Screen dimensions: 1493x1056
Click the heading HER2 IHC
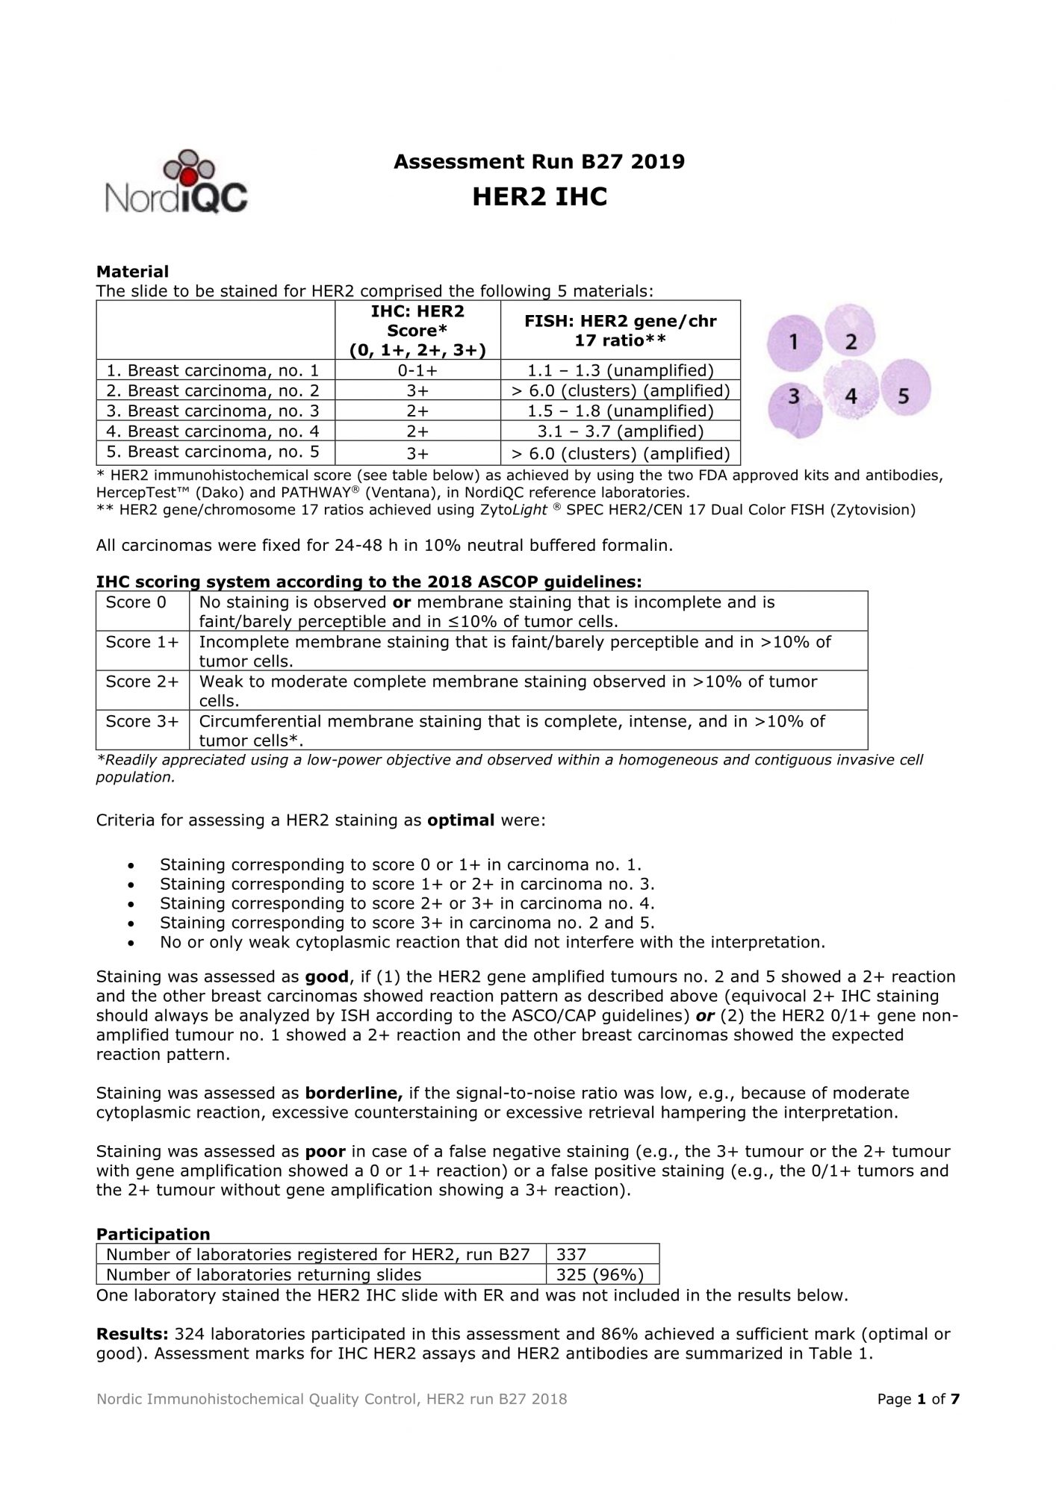tap(539, 197)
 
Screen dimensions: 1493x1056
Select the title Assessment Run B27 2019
tap(538, 161)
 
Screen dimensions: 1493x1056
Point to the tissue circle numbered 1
tap(794, 342)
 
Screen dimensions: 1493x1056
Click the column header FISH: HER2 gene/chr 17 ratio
tap(619, 330)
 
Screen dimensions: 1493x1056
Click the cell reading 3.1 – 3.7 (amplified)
tap(619, 431)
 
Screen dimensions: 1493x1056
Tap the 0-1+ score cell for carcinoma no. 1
tap(417, 370)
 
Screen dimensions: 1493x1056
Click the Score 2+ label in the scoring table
tap(142, 682)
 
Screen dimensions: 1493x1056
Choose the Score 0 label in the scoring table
tap(136, 602)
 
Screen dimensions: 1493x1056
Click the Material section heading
tap(132, 271)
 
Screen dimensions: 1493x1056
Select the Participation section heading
tap(153, 1234)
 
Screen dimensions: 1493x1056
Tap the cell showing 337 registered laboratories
tap(571, 1255)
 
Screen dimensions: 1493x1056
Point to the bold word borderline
tap(353, 1093)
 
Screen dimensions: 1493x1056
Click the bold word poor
tap(325, 1151)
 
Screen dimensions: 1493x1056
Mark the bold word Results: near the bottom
tap(132, 1334)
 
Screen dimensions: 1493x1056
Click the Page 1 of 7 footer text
tap(918, 1399)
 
